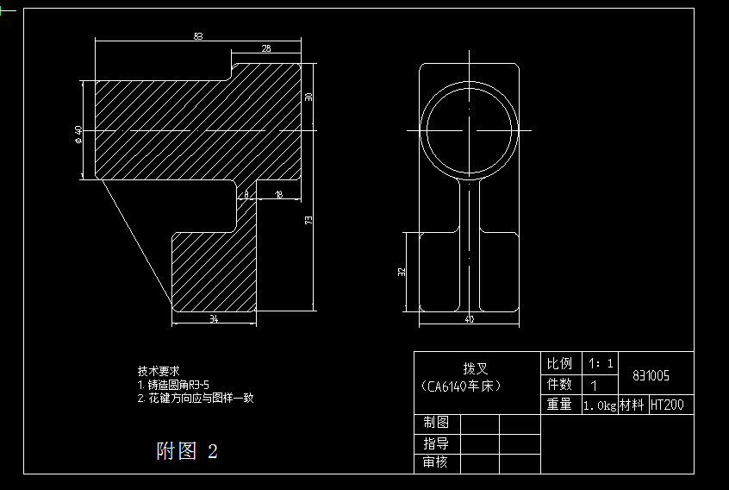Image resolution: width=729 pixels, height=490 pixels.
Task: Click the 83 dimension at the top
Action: point(198,36)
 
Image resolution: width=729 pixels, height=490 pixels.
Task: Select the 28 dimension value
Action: point(265,49)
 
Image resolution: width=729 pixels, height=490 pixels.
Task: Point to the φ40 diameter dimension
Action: point(78,133)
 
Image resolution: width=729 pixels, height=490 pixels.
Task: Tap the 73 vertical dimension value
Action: point(308,220)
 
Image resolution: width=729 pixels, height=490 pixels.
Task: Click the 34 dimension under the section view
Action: point(214,319)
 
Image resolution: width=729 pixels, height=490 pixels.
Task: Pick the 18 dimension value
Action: point(277,196)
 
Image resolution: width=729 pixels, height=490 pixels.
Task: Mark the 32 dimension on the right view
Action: point(402,272)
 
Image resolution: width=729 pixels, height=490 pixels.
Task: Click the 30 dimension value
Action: point(308,97)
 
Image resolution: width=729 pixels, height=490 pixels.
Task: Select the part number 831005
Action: point(651,376)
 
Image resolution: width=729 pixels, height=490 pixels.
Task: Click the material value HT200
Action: point(667,405)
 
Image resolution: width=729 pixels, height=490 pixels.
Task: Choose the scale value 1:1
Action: point(600,363)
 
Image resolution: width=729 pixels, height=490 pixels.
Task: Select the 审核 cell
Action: point(435,462)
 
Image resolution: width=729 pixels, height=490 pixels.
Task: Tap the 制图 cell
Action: point(435,423)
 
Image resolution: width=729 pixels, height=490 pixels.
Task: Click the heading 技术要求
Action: point(158,370)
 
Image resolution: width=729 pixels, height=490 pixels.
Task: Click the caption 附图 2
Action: point(187,451)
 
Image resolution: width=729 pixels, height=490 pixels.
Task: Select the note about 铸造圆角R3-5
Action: point(176,384)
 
